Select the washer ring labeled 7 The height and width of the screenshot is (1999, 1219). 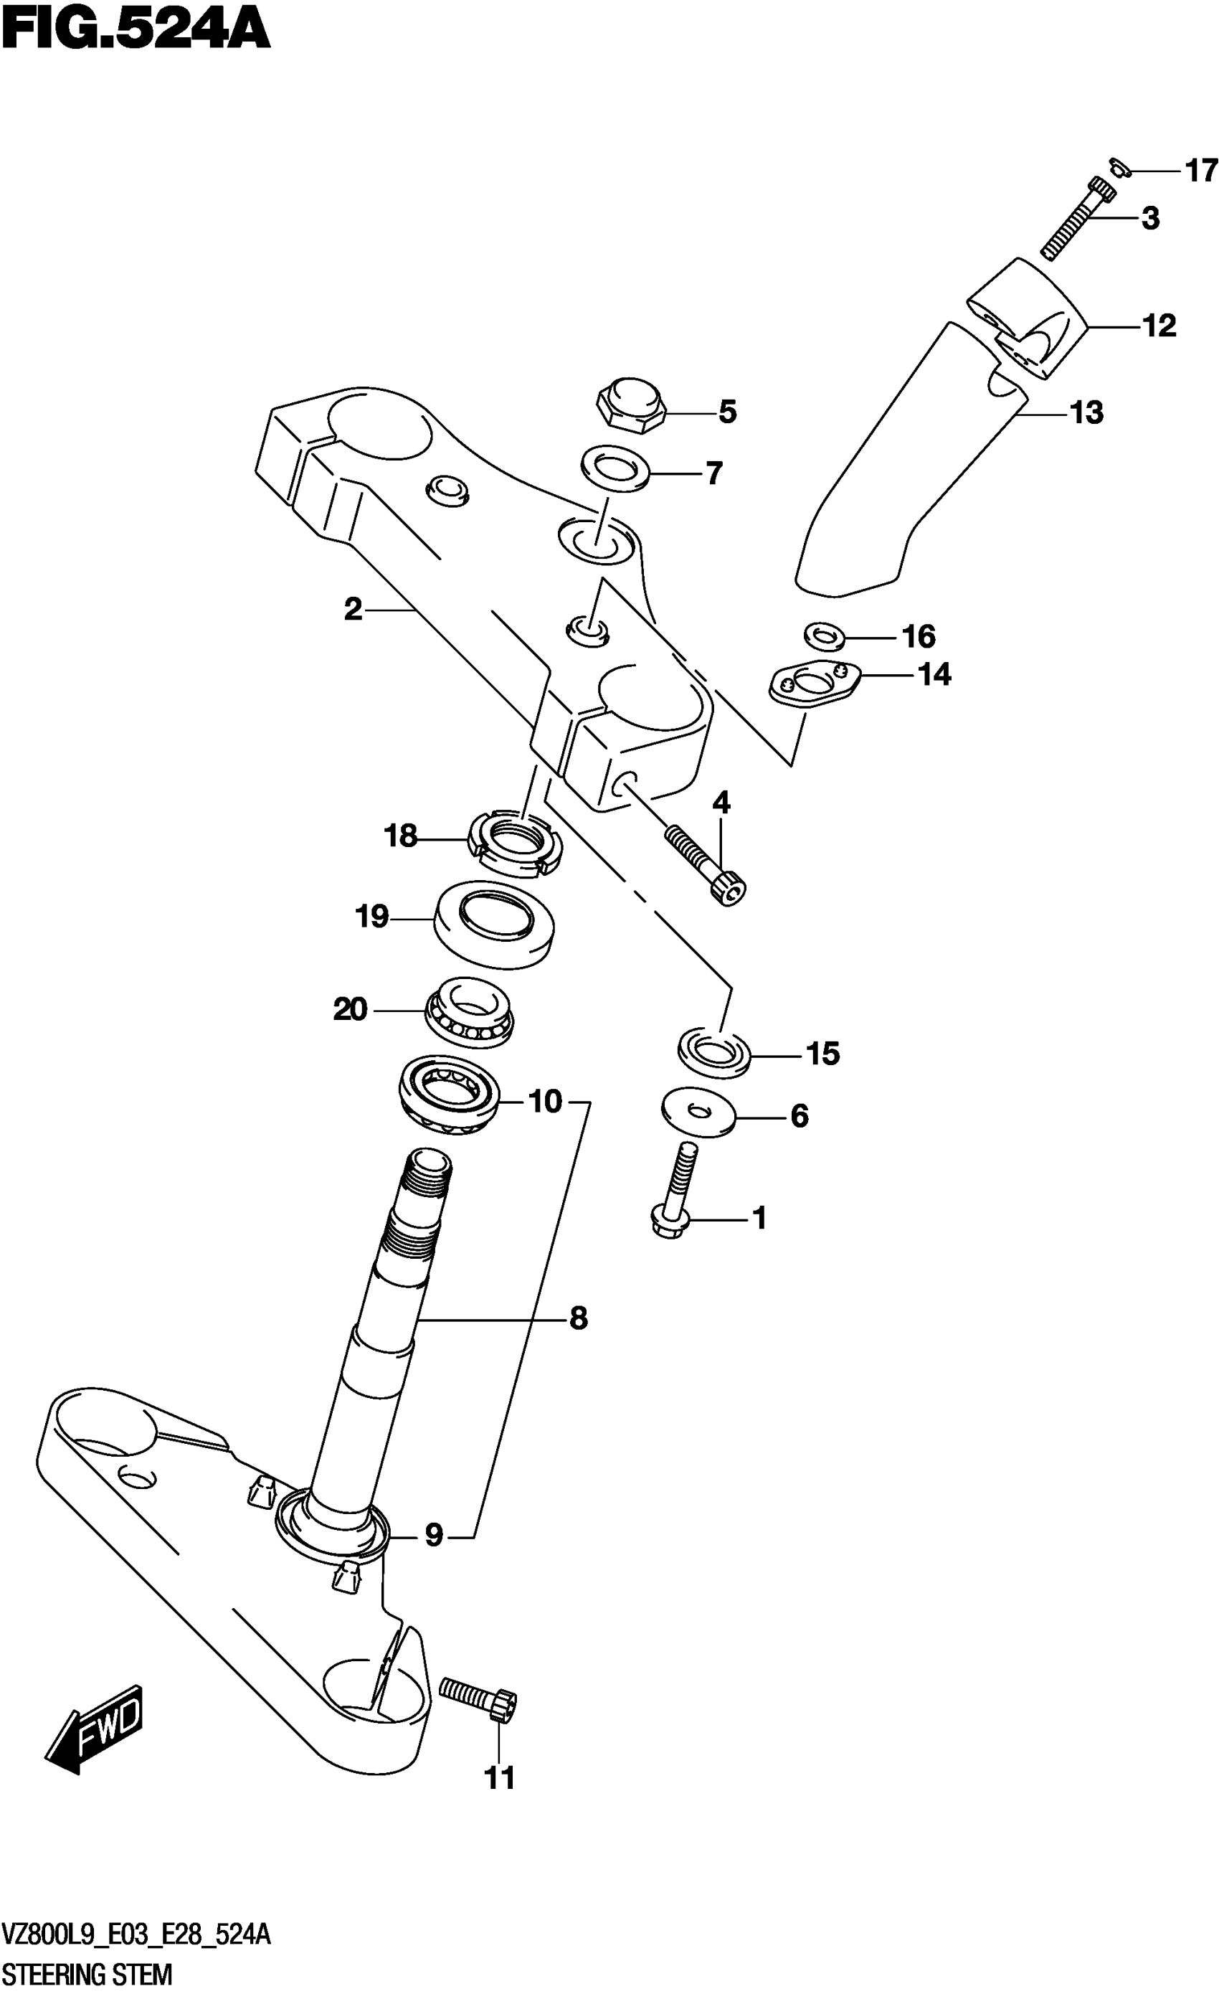[614, 468]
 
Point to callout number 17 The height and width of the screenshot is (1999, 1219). [1201, 171]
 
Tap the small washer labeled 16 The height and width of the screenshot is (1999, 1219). [824, 635]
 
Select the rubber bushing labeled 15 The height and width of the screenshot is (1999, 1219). [713, 1053]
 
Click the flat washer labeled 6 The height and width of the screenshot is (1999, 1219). [698, 1112]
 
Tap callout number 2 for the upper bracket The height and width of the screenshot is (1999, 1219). [353, 609]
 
